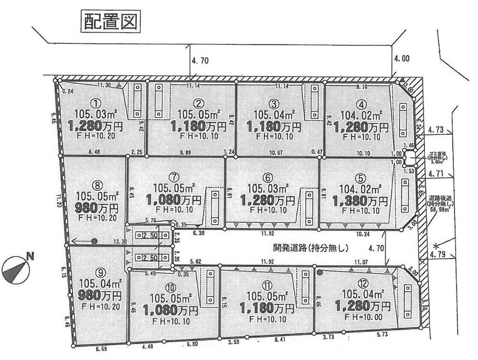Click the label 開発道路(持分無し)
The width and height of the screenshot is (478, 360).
point(310,248)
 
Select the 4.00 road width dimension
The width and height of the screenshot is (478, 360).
point(402,59)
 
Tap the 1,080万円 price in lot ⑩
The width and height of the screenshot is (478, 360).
point(170,311)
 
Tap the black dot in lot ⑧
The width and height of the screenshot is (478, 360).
point(94,241)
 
